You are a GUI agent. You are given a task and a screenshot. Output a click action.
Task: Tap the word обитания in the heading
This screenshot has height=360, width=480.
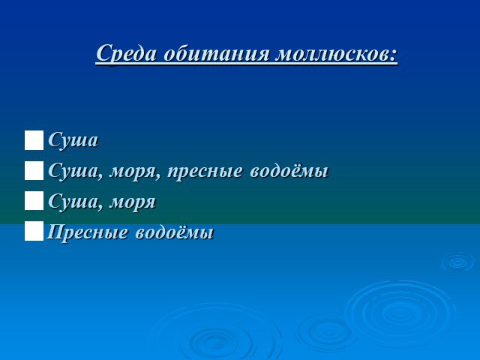[217, 54]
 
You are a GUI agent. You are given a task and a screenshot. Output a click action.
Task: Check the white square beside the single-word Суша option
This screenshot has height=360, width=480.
[34, 140]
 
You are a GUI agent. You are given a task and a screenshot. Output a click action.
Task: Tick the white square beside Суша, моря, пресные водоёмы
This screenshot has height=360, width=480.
[34, 171]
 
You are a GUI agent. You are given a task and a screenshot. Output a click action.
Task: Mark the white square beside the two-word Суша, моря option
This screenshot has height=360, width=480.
[34, 201]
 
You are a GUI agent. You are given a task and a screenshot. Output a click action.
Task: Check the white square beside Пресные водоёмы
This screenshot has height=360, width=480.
[34, 231]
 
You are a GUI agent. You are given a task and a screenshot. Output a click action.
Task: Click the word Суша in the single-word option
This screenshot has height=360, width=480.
[73, 140]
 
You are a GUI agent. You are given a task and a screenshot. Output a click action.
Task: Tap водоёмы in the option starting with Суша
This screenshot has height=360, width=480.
[289, 170]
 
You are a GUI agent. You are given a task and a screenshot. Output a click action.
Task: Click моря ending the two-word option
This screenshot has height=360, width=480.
[133, 202]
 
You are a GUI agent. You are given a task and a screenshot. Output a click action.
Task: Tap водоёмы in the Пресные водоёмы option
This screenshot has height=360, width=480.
[174, 232]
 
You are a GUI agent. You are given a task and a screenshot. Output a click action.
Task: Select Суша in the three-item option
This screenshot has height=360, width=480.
[73, 170]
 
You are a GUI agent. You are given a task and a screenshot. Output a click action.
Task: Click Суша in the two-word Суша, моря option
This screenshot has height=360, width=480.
[73, 201]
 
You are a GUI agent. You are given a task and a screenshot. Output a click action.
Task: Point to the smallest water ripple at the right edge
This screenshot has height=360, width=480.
[458, 262]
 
